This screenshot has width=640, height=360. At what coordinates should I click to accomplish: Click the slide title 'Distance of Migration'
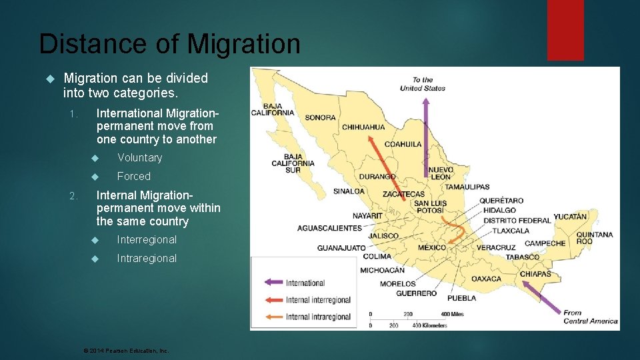pyautogui.click(x=169, y=45)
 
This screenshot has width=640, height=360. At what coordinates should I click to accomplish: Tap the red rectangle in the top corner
pyautogui.click(x=565, y=29)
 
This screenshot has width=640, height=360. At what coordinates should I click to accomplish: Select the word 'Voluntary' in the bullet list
pyautogui.click(x=139, y=158)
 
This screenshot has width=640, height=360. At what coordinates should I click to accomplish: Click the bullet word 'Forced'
pyautogui.click(x=133, y=177)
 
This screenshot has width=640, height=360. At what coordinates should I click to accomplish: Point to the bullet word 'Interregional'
pyautogui.click(x=147, y=240)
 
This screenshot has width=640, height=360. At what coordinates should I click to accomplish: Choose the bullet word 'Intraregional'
pyautogui.click(x=147, y=259)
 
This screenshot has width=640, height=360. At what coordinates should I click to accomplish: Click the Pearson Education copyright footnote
pyautogui.click(x=125, y=351)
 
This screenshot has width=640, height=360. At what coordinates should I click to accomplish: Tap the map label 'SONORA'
pyautogui.click(x=320, y=118)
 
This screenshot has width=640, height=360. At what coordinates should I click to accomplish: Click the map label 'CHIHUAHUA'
pyautogui.click(x=363, y=127)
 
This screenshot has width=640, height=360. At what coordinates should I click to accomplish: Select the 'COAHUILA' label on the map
pyautogui.click(x=403, y=144)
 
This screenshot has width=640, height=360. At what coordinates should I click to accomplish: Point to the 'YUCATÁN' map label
pyautogui.click(x=570, y=217)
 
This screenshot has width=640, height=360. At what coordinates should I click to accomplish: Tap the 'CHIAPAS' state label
pyautogui.click(x=535, y=274)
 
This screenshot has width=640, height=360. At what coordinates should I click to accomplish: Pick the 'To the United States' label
pyautogui.click(x=423, y=84)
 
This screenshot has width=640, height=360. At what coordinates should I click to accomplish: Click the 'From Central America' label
pyautogui.click(x=590, y=317)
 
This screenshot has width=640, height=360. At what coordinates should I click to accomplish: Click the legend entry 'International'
pyautogui.click(x=305, y=283)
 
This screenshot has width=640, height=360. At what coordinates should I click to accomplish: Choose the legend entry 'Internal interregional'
pyautogui.click(x=318, y=301)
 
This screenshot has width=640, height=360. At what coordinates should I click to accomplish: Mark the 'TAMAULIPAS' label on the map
pyautogui.click(x=467, y=187)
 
